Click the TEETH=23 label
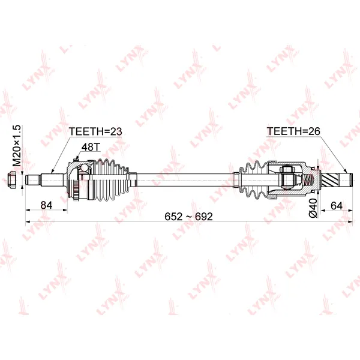[x=95, y=131]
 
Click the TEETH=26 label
[x=293, y=131]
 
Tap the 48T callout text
[x=91, y=147]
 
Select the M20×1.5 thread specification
[x=17, y=146]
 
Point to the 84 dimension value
[x=46, y=205]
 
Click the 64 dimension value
[x=337, y=205]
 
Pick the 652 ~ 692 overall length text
[x=189, y=217]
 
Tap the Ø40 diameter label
[x=313, y=208]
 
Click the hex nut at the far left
[x=11, y=180]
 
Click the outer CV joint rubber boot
[x=110, y=180]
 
